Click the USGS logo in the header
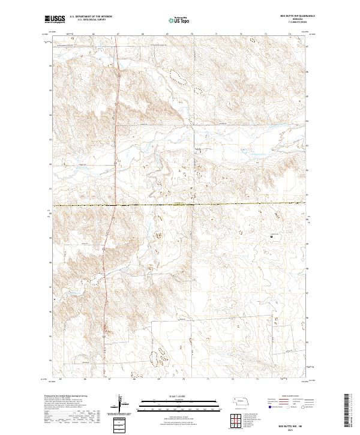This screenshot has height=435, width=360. click(x=55, y=20)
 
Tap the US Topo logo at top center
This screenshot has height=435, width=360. click(x=179, y=20)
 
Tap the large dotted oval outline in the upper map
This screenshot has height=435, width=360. click(x=177, y=75)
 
